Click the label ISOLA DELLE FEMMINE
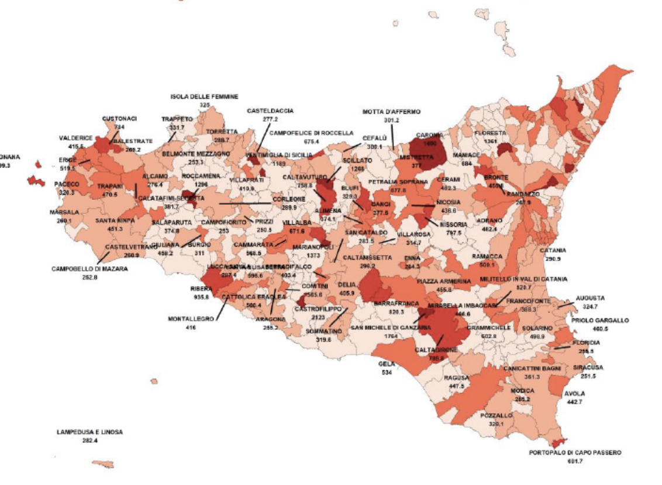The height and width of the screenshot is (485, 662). [x=204, y=97]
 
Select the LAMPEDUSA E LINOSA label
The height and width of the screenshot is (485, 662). [x=89, y=432]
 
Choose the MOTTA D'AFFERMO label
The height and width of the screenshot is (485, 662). [x=391, y=112]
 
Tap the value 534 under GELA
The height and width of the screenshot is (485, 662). [x=387, y=372]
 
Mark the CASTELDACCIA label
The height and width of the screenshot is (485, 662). [x=270, y=110]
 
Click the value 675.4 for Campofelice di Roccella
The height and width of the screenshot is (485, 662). [x=311, y=141]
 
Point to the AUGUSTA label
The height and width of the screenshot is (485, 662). [x=590, y=298]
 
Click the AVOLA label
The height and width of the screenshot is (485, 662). [x=574, y=394]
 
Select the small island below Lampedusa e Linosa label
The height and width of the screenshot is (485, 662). [x=103, y=464]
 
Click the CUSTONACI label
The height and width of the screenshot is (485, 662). [x=119, y=119]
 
